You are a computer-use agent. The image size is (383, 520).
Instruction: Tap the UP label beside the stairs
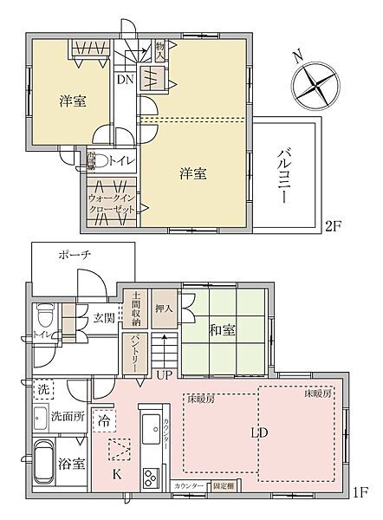[164, 374]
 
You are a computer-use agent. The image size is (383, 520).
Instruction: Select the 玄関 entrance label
[103, 318]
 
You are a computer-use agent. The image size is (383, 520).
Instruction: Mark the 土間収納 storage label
[135, 308]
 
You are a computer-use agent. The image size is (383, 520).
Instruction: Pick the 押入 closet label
[164, 307]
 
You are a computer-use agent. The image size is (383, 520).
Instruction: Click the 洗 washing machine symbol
[44, 387]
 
